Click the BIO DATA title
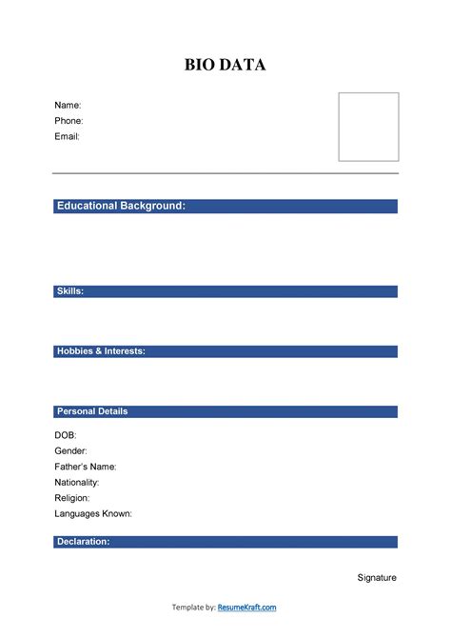[x=225, y=65]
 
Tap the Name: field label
[x=68, y=105]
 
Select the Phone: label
[x=69, y=121]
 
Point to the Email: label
[x=68, y=136]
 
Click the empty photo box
[x=369, y=127]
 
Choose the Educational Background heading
[x=121, y=206]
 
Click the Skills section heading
[x=71, y=290]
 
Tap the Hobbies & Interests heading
[x=101, y=350]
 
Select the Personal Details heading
[x=92, y=411]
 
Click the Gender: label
[x=71, y=450]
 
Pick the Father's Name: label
[x=86, y=467]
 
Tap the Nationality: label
[x=77, y=482]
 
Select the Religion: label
[x=72, y=497]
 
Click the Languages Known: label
[x=93, y=513]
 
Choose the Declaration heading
[x=84, y=541]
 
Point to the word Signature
[x=377, y=577]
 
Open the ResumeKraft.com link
[x=247, y=608]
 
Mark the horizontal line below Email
[x=225, y=173]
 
